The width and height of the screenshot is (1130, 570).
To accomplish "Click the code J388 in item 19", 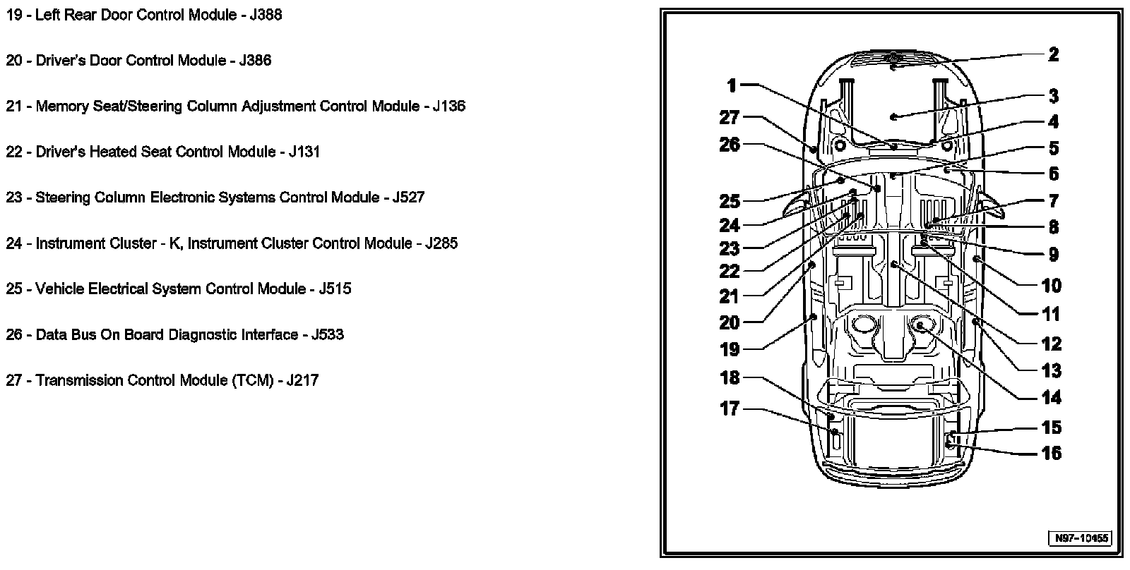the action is point(266,15).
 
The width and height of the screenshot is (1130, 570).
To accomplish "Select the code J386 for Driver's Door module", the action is point(255,61).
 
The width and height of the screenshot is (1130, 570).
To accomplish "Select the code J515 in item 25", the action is point(335,289).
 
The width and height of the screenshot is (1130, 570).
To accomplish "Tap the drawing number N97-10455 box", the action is point(1082,538).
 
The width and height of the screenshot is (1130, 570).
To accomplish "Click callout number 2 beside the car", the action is point(1053,54).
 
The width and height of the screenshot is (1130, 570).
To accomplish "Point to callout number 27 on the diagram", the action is point(729,117).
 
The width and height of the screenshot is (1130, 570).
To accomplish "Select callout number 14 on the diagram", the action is point(1051,398).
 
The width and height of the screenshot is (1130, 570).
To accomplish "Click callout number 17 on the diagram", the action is point(729,408).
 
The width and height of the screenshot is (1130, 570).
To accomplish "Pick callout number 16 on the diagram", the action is point(1051,453).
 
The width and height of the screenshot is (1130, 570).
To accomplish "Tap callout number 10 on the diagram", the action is point(1051,286).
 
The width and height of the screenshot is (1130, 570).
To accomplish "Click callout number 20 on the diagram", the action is point(729,322).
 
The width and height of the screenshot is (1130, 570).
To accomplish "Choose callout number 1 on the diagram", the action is point(732,86).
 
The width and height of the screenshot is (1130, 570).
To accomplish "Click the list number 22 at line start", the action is point(14,152).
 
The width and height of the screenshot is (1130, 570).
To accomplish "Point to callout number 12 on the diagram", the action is point(1051,344).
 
